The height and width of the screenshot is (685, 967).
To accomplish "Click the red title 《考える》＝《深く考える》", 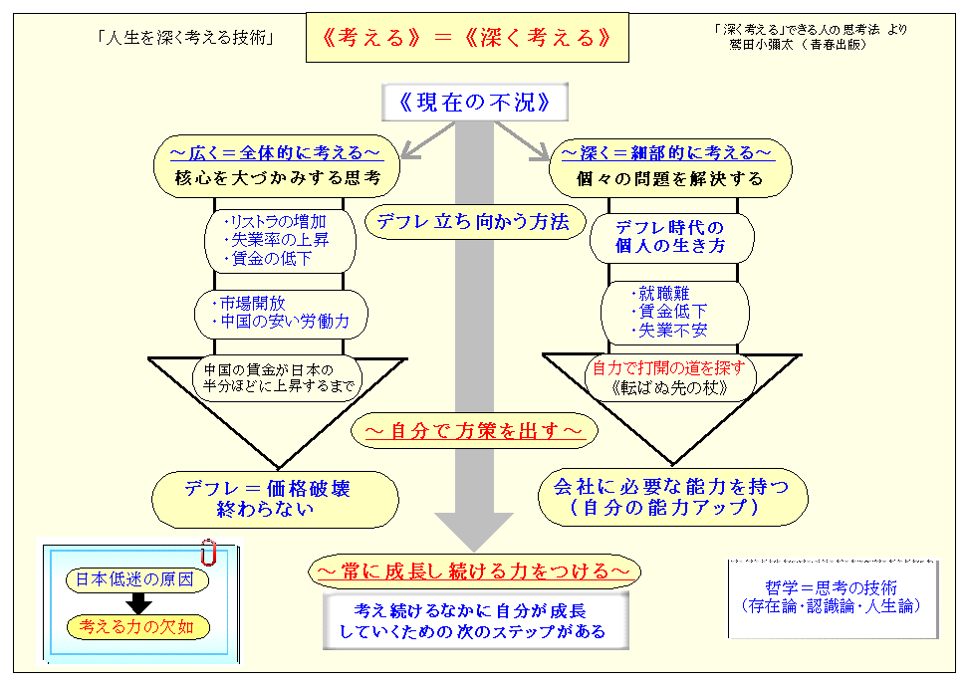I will coord(466,38).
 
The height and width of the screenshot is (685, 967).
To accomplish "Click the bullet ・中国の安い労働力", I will coord(280,322).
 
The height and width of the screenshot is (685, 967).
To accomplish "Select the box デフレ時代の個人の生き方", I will coord(669,236).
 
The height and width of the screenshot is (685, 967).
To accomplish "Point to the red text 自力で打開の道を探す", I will coord(668,365).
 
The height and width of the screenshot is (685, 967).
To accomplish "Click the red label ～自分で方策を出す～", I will coord(474,431).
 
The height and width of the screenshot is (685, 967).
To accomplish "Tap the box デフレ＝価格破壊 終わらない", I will coord(274,499).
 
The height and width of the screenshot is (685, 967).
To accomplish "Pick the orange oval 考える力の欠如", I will coord(136,626).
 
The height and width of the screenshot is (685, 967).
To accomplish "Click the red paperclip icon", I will coord(208,552).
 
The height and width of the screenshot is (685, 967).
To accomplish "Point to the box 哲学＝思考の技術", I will coord(832,596).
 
